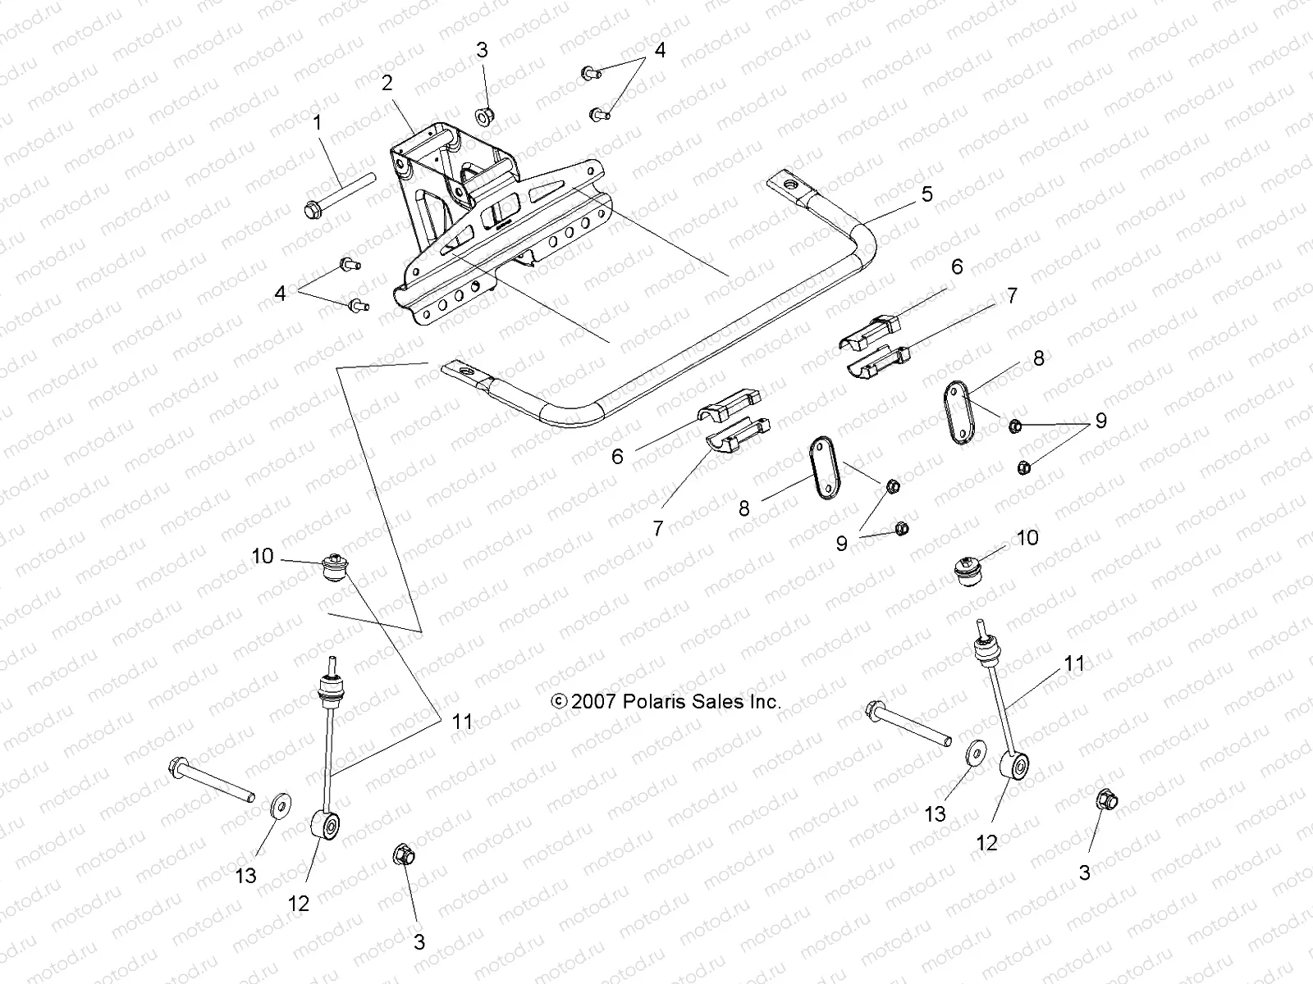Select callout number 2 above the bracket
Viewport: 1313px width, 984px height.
point(387,83)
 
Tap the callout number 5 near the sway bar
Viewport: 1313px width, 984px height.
point(926,194)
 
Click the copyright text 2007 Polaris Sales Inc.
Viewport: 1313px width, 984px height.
point(666,702)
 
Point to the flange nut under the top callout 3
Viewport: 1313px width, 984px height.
point(483,116)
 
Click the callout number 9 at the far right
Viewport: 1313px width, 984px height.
point(1100,421)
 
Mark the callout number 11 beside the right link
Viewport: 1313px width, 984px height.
point(1073,663)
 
